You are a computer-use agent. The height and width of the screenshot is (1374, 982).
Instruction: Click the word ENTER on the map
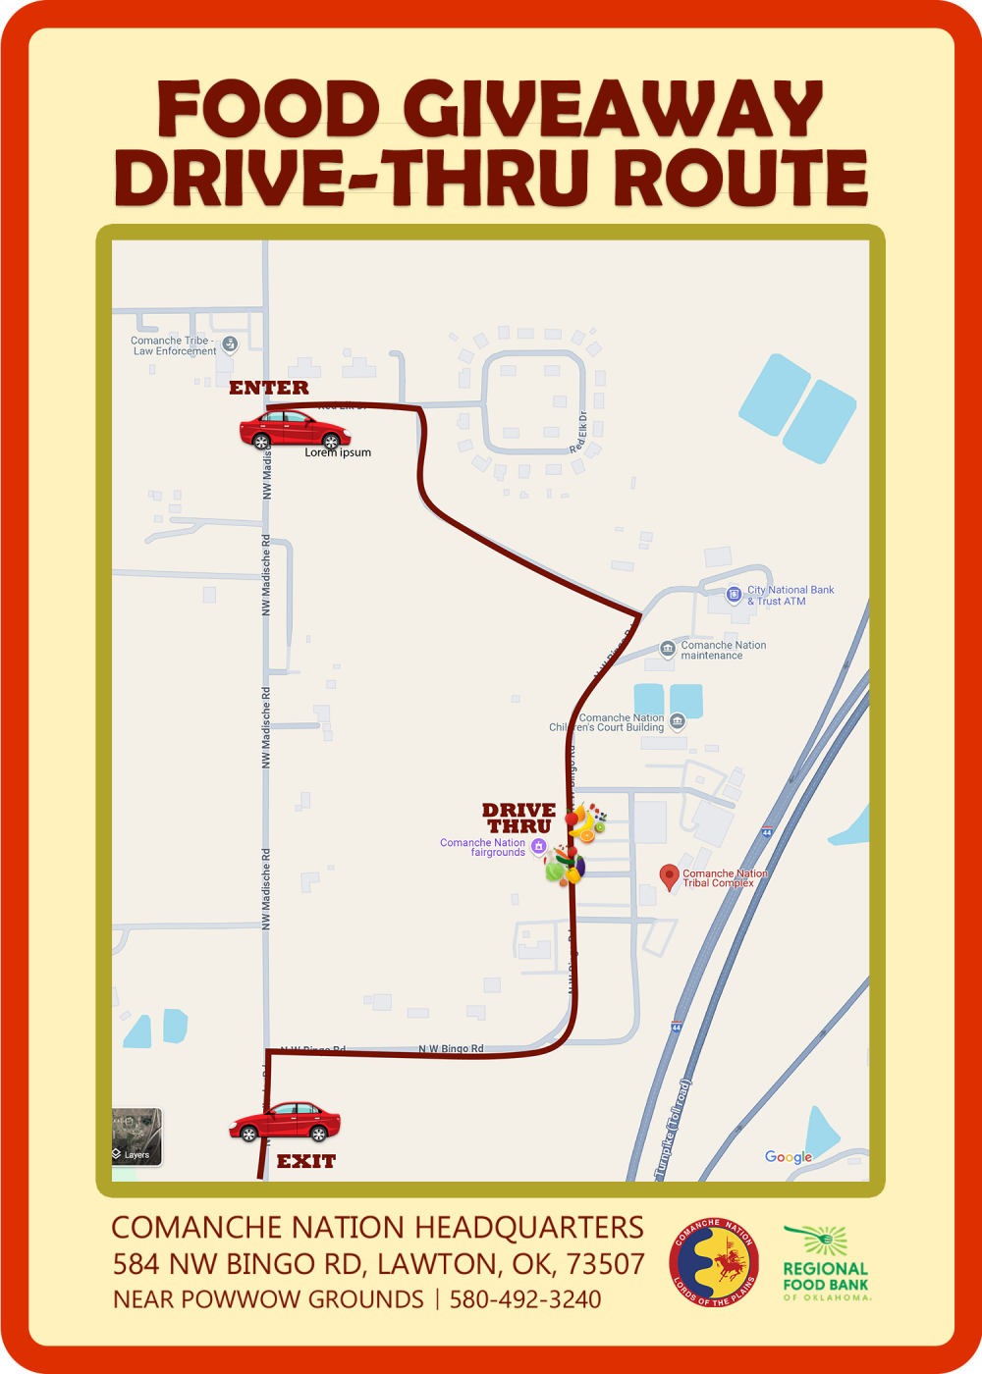coord(268,388)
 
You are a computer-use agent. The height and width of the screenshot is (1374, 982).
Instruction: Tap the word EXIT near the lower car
coord(305,1161)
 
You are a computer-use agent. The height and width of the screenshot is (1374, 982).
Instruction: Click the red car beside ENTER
coord(294,430)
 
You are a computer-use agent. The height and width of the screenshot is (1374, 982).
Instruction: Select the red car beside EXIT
coord(285,1122)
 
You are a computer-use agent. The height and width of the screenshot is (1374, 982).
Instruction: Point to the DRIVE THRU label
coord(518,818)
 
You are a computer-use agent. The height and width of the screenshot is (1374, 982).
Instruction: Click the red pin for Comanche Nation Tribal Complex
coord(669,875)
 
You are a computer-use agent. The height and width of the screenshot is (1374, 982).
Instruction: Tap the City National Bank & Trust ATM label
coord(791,596)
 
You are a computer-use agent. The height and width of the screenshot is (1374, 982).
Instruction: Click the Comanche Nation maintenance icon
coord(668,650)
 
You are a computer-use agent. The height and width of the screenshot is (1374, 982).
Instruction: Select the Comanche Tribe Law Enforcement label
coord(174,345)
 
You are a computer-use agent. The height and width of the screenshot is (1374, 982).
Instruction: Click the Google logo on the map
coord(789,1157)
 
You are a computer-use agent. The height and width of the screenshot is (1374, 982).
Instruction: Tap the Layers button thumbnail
coord(136,1136)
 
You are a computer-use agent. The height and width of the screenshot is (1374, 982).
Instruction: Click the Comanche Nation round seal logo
coord(714,1263)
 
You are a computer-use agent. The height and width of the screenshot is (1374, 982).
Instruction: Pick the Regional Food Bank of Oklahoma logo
coord(826,1264)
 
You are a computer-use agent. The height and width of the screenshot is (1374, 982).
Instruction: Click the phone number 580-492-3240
coord(525,1299)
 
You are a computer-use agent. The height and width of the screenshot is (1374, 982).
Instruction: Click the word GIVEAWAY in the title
coord(613,108)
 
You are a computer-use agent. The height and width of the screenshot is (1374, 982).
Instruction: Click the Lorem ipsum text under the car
coord(338,452)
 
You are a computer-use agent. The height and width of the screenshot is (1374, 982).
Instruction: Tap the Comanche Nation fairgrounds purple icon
coord(537,846)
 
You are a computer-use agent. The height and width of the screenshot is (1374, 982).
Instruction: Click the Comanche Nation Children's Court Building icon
coord(676,722)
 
